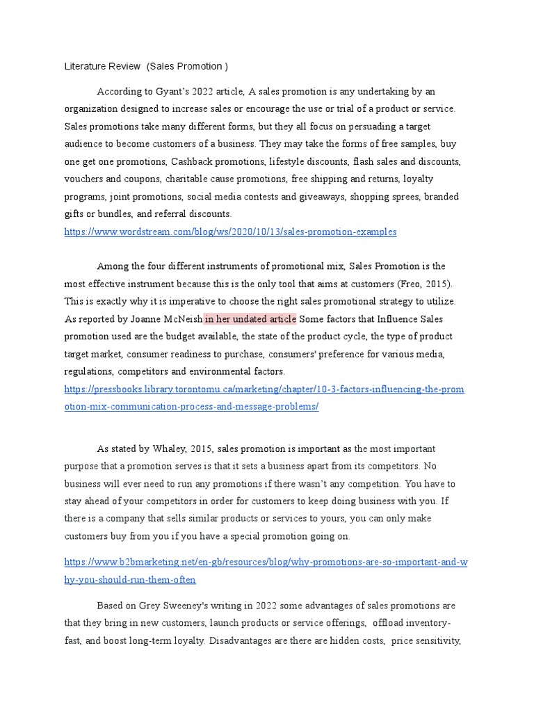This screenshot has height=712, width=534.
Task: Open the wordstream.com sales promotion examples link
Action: click(230, 232)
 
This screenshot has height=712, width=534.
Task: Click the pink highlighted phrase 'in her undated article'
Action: click(250, 319)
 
